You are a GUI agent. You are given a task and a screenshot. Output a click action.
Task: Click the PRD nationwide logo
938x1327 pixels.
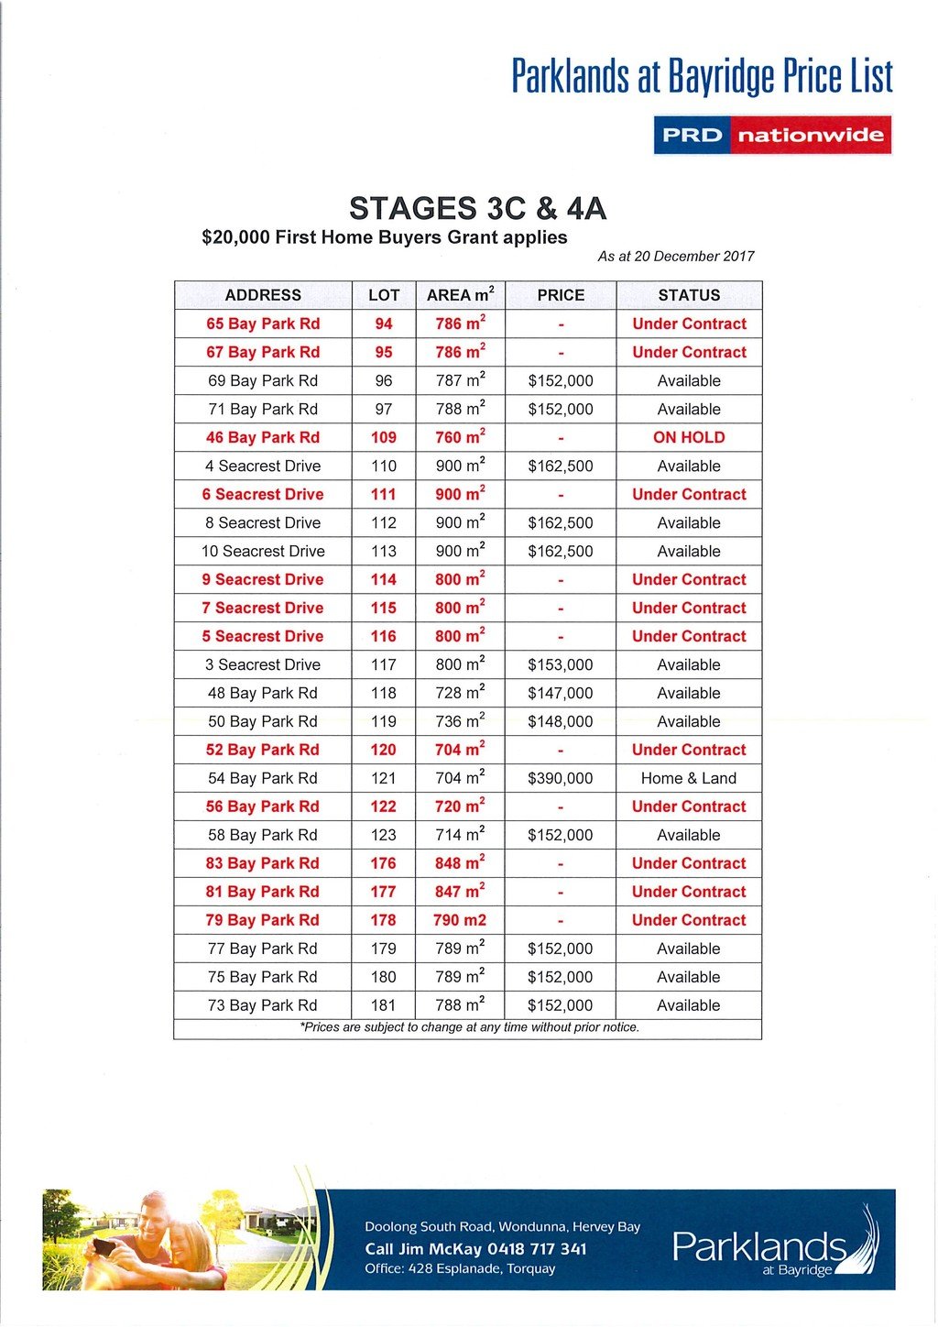(772, 135)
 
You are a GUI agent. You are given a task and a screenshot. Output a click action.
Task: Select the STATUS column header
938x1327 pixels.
(689, 295)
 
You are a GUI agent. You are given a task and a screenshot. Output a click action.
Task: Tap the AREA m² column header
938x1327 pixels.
(460, 295)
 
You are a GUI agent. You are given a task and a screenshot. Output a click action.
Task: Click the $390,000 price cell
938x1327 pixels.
(561, 778)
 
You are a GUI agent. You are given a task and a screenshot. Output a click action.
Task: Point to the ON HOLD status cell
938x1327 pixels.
(689, 437)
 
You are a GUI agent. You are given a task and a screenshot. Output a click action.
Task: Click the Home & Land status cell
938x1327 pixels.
(689, 778)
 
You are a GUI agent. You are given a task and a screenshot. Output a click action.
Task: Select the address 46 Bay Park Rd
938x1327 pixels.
(263, 437)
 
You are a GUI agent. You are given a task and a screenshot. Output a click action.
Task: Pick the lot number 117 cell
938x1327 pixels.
(384, 664)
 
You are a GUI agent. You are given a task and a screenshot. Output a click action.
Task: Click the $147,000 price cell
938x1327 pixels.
(561, 693)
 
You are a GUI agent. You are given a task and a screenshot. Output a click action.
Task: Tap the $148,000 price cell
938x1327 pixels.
(561, 721)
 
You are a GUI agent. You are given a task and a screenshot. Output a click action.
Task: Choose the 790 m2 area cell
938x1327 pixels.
(460, 920)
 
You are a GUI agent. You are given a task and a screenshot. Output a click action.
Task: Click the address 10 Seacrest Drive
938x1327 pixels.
(263, 551)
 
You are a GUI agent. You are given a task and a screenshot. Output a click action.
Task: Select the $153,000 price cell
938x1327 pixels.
(561, 664)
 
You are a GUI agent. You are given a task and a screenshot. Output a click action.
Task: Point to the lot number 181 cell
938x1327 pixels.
(384, 1005)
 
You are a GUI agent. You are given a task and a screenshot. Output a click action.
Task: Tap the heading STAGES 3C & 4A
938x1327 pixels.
(477, 209)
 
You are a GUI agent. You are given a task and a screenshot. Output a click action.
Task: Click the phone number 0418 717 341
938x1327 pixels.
(537, 1249)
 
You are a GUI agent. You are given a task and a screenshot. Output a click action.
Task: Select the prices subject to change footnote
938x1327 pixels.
(469, 1027)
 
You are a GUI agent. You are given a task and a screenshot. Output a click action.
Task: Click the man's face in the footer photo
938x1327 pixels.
(156, 1215)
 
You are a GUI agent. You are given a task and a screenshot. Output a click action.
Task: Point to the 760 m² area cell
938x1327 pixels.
(460, 437)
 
